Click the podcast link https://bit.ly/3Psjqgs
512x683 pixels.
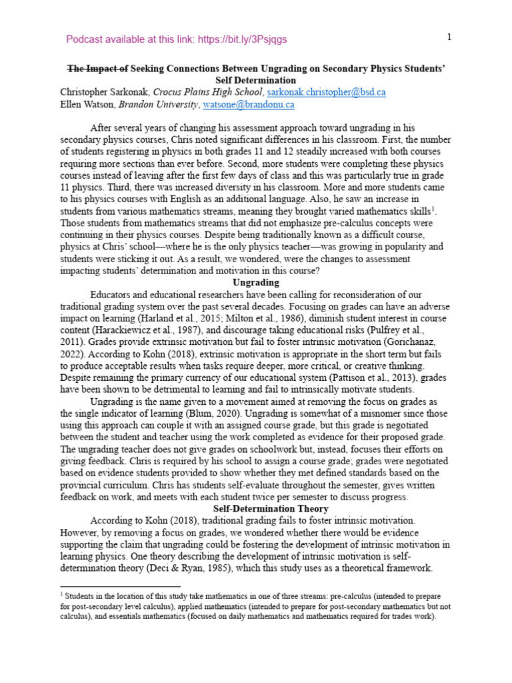241,39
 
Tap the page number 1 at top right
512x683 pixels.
449,37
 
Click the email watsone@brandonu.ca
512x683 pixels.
248,105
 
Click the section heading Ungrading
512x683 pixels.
256,282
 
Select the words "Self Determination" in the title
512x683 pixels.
256,80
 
